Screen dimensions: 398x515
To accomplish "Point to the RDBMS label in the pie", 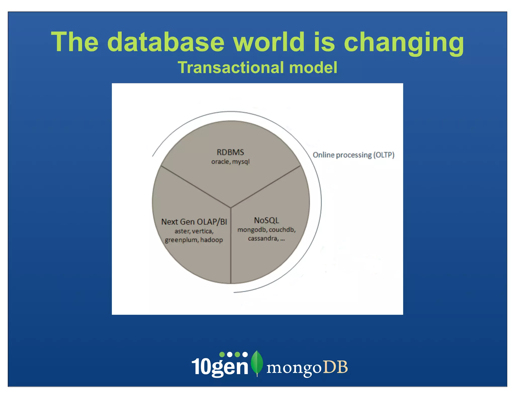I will pos(230,152).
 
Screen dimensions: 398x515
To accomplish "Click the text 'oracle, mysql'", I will pos(230,162).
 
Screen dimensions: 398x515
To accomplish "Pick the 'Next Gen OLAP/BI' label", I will pos(194,222).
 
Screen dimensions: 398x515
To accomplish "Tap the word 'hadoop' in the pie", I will pos(211,240).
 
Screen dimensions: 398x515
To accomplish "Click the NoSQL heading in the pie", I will pos(267,220).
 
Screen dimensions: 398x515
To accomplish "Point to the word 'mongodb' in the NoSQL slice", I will pos(252,230).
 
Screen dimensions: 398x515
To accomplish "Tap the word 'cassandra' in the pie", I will pos(263,238).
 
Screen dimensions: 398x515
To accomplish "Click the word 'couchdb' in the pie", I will pos(282,230).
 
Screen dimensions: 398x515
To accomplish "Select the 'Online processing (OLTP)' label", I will pos(353,155).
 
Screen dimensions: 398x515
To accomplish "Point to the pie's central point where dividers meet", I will pos(231,208).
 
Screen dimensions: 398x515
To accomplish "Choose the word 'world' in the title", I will pos(269,42).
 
